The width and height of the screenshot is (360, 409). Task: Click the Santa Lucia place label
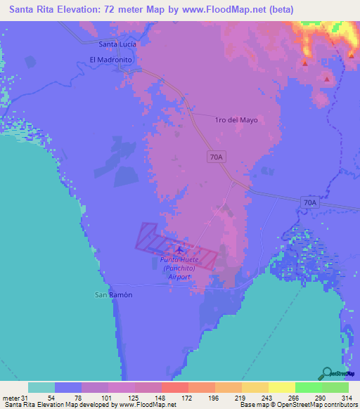(x=118, y=44)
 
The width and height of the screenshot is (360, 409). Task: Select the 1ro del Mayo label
(x=236, y=120)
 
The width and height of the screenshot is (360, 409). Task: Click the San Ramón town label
(x=114, y=294)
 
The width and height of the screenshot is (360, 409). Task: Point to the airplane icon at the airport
(x=179, y=249)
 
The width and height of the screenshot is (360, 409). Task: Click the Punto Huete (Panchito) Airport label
(x=179, y=268)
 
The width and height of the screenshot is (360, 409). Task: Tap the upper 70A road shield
(x=217, y=157)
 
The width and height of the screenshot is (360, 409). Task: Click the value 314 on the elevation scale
(x=345, y=398)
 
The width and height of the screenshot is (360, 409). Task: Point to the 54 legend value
(x=51, y=398)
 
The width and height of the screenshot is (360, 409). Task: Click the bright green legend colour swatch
(x=308, y=387)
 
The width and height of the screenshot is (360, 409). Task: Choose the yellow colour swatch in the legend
(x=281, y=387)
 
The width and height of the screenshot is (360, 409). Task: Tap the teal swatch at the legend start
(x=41, y=387)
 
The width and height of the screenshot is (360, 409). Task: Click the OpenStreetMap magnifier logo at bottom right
(x=327, y=373)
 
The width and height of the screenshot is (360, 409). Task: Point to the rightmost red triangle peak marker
(x=350, y=54)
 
